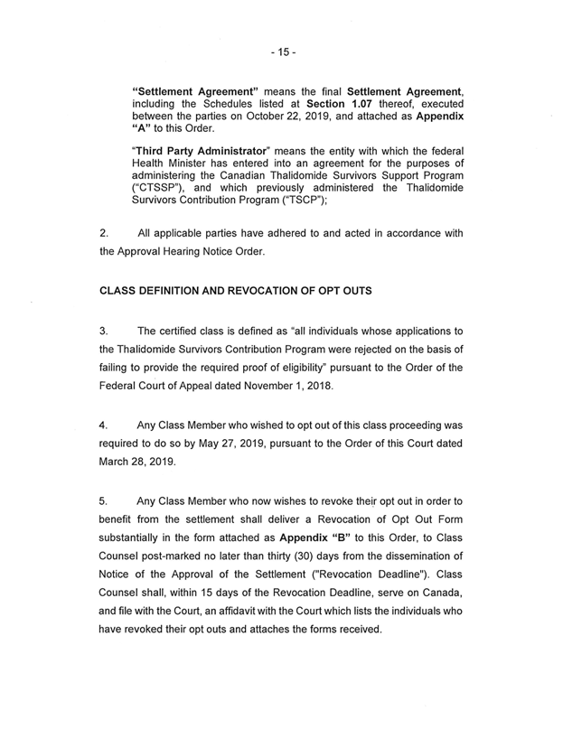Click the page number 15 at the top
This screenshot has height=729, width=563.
[281, 51]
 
